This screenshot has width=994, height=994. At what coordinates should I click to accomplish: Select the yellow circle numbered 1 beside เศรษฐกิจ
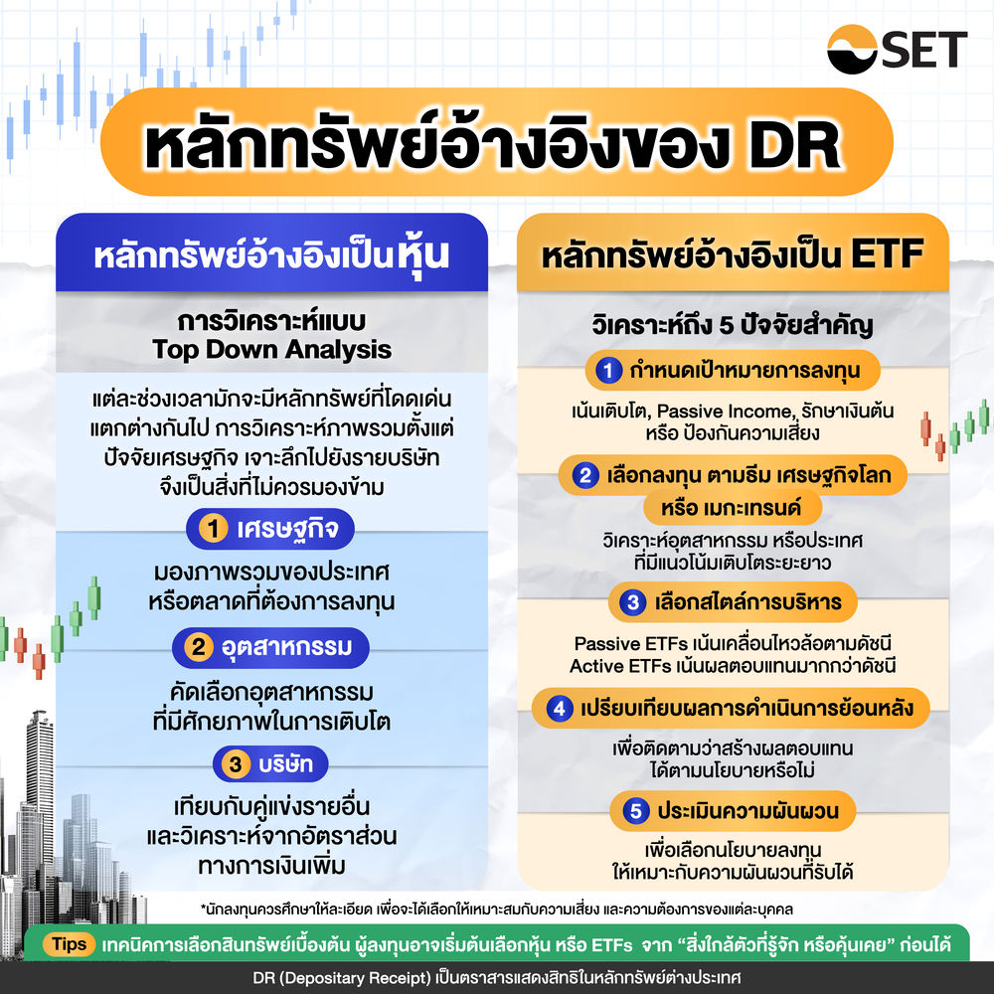pyautogui.click(x=211, y=530)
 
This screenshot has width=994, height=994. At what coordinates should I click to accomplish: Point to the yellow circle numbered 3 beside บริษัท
pyautogui.click(x=236, y=764)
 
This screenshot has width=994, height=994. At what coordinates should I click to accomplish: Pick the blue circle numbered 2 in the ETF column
pyautogui.click(x=585, y=475)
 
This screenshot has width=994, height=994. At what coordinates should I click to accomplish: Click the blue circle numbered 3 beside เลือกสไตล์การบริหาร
pyautogui.click(x=632, y=601)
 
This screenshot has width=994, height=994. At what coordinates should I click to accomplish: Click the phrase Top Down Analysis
pyautogui.click(x=271, y=350)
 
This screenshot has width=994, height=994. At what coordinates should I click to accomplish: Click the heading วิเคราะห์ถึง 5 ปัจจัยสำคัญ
pyautogui.click(x=733, y=325)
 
